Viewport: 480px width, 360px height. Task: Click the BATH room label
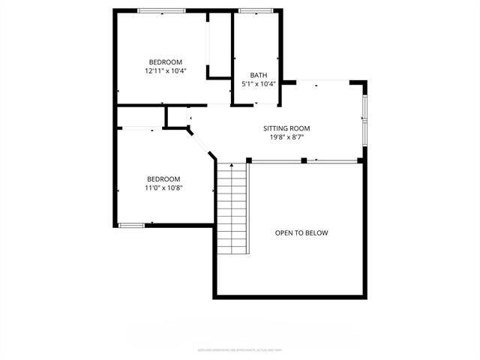[258, 75]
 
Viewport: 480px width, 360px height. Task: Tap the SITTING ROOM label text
[286, 128]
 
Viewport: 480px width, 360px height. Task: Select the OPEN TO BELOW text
[301, 233]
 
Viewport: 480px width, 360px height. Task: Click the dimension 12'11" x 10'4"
[165, 70]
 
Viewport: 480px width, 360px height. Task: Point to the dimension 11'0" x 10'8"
[163, 187]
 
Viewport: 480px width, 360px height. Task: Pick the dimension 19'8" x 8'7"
[286, 137]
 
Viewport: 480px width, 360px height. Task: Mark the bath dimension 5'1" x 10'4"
[258, 84]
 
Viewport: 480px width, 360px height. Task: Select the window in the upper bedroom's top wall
[161, 10]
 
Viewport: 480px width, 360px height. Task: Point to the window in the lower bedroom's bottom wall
[131, 224]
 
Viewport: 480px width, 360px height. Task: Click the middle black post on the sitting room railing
[304, 160]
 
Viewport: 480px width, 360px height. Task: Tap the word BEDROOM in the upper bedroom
[165, 61]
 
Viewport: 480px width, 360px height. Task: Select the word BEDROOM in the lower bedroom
[163, 178]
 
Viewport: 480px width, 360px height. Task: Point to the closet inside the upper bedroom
[218, 45]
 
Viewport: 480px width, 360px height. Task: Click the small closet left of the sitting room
[178, 117]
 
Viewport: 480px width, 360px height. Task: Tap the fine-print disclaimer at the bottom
[240, 349]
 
